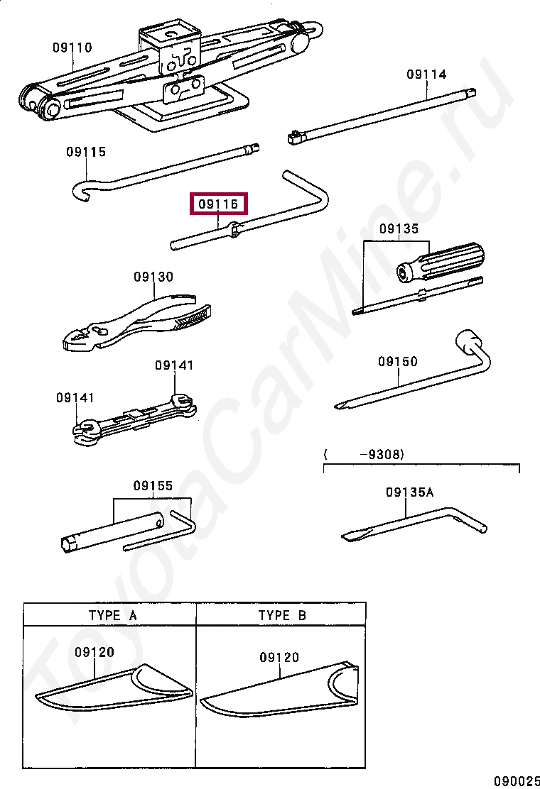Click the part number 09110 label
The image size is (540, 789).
[x=72, y=48]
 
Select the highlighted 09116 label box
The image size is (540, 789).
[x=219, y=204]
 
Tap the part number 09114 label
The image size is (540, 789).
[x=426, y=75]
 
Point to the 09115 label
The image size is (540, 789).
[x=86, y=152]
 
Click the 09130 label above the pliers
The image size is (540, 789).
[x=153, y=277]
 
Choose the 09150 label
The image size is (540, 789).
[x=398, y=361]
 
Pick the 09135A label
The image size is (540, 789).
[x=409, y=492]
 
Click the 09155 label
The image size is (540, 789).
[x=153, y=485]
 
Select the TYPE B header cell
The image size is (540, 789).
[x=281, y=615]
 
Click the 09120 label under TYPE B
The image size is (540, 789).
[x=279, y=657]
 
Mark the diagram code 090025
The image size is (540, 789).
[x=517, y=780]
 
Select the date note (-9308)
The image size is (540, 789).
[x=364, y=455]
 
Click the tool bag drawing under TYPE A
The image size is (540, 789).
[x=114, y=687]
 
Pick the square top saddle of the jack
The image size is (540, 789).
[x=170, y=32]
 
